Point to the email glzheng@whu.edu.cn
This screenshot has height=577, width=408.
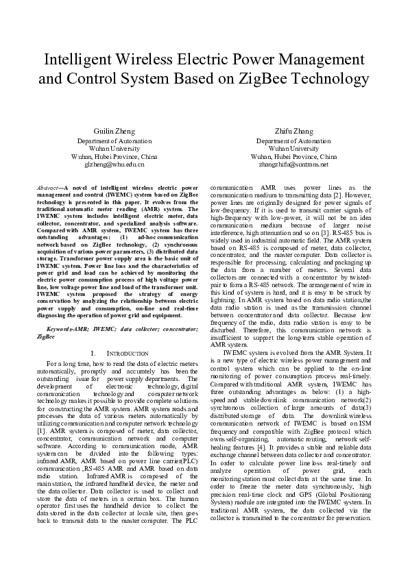pyautogui.click(x=115, y=165)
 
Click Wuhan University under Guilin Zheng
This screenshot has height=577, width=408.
pyautogui.click(x=115, y=147)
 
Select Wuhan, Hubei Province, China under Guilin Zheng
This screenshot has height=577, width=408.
pyautogui.click(x=115, y=156)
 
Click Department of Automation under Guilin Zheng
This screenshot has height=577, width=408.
pyautogui.click(x=115, y=139)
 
